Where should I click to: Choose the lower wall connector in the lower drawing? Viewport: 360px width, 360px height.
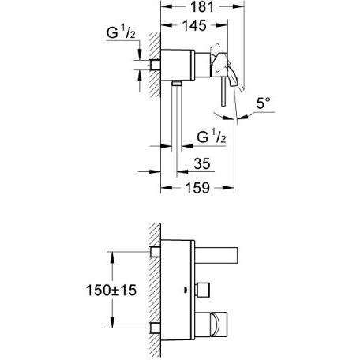[156, 327]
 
